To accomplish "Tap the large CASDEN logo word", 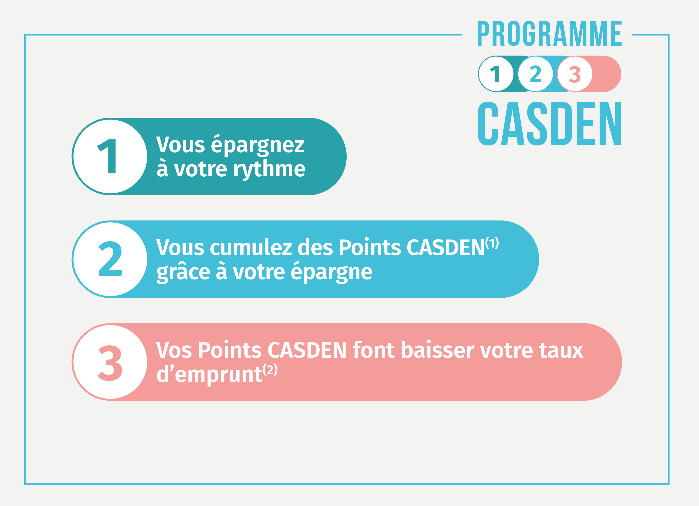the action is click(549, 123).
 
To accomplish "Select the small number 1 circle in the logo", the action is click(496, 74).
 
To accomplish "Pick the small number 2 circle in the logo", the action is click(535, 74).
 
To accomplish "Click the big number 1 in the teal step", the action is click(107, 156).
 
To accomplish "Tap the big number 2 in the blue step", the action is click(110, 259).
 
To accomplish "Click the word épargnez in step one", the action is click(258, 145).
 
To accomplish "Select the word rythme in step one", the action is click(269, 169).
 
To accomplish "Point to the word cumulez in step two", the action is click(251, 247).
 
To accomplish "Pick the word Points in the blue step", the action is click(370, 247).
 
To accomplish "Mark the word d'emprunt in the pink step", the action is click(209, 375).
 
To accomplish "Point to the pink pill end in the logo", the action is click(607, 74).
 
